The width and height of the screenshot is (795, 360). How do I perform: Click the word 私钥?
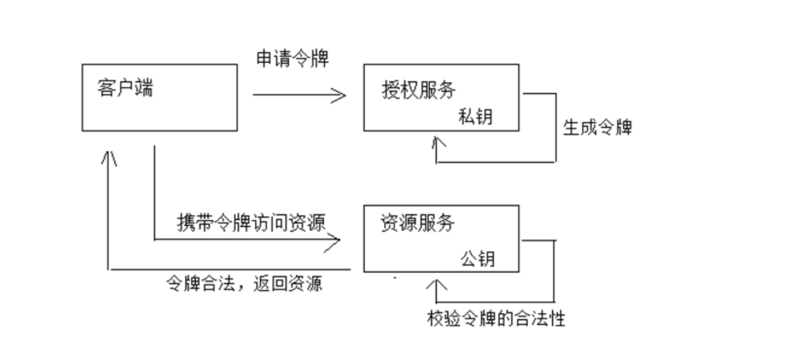click(x=476, y=117)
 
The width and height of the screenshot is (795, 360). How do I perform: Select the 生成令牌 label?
click(x=597, y=128)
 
